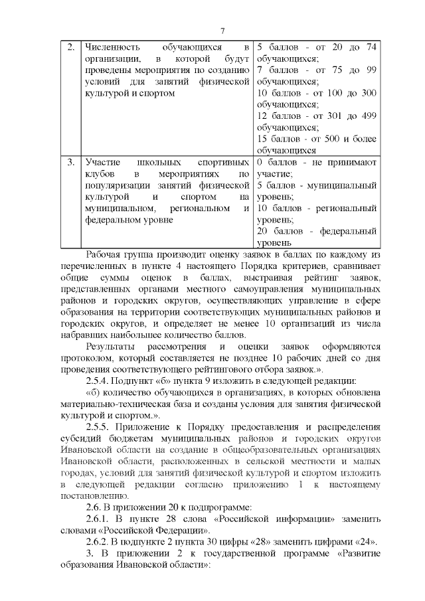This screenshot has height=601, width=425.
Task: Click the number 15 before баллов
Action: pos(262,139)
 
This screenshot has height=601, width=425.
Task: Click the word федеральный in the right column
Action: pos(349,231)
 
